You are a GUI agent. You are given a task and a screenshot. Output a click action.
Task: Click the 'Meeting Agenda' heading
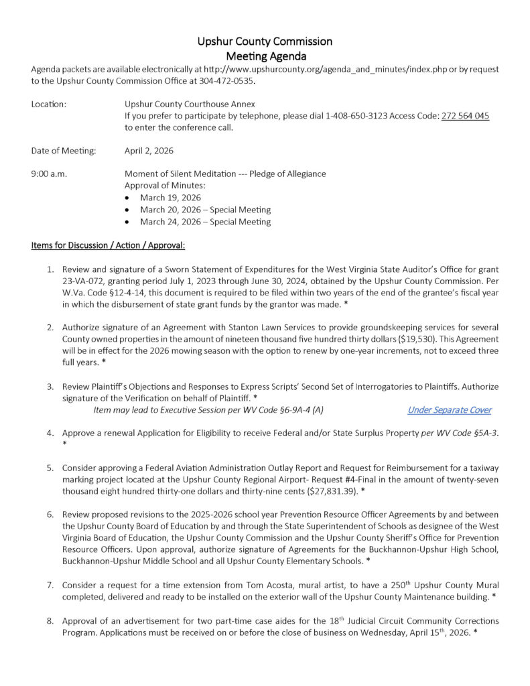265,56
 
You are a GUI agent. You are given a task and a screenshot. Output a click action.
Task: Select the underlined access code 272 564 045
465,116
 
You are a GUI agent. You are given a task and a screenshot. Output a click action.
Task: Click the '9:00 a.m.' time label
49,174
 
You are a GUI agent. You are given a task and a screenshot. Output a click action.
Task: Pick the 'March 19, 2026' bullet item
170,198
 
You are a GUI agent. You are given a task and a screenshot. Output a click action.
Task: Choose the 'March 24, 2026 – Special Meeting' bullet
205,222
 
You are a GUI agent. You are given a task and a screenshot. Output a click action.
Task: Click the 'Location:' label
48,104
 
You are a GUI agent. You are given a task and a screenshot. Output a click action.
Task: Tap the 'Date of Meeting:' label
64,151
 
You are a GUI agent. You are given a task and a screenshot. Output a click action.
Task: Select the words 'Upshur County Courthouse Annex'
190,104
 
